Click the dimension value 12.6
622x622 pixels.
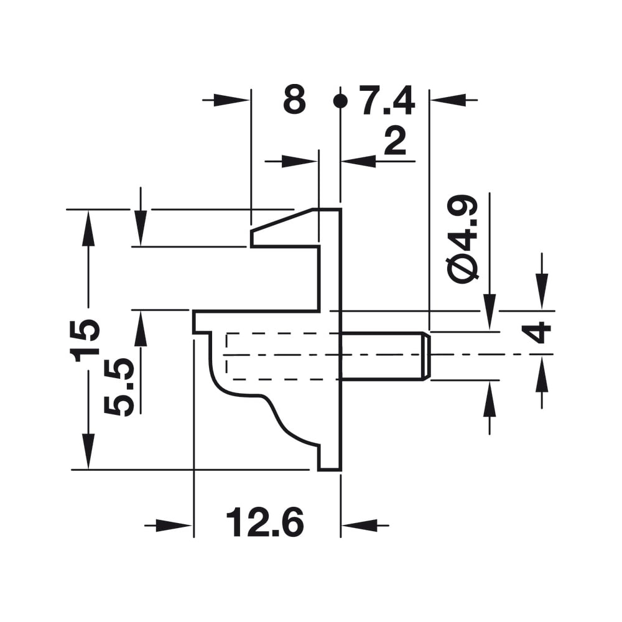(265, 522)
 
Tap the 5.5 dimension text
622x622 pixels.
(118, 387)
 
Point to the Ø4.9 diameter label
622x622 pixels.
(463, 239)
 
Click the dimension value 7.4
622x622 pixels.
(387, 100)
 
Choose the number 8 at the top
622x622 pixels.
(294, 100)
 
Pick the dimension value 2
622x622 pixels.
(395, 142)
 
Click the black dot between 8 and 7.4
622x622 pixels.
(340, 101)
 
